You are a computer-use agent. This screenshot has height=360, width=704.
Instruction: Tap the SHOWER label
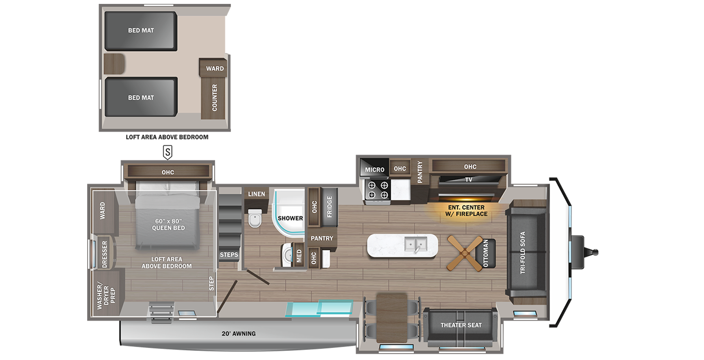point(290,218)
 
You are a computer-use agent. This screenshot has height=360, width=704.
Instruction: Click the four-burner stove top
point(378,190)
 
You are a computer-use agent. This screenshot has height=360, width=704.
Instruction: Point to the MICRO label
point(375,169)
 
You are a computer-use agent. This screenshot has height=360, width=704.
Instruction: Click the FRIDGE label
point(329,207)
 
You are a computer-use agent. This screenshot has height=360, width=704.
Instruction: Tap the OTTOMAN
point(487,253)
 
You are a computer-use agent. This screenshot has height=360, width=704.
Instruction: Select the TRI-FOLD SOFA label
point(523,252)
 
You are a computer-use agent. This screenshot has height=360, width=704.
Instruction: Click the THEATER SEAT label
point(461,325)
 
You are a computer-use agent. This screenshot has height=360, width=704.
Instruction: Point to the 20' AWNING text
point(239,334)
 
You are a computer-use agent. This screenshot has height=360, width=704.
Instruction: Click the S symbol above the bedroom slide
point(168,152)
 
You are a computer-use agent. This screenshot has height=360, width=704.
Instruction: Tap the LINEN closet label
point(257,194)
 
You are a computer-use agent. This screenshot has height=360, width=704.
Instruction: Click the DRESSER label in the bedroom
point(104,254)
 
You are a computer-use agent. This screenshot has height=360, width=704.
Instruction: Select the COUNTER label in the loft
point(214,98)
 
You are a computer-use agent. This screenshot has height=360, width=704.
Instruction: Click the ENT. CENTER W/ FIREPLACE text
point(466,211)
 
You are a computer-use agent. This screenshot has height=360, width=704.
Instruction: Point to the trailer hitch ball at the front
point(595,252)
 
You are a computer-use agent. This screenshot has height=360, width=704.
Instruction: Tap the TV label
point(469,180)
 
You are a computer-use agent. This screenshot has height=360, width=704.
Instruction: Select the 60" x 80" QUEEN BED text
point(169,224)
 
